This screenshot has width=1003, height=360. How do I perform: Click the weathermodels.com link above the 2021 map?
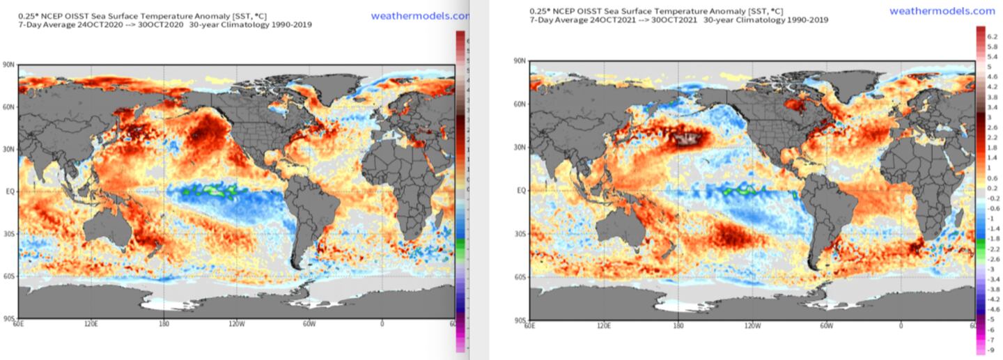pyautogui.click(x=942, y=10)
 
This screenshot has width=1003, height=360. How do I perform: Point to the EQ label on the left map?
pyautogui.click(x=11, y=189)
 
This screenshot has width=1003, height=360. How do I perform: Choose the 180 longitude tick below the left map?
pyautogui.click(x=163, y=324)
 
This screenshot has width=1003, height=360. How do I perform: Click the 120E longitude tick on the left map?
pyautogui.click(x=90, y=324)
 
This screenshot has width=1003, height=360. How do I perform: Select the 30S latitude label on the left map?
pyautogui.click(x=10, y=233)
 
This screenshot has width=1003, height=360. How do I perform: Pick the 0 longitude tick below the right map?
pyautogui.click(x=901, y=325)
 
